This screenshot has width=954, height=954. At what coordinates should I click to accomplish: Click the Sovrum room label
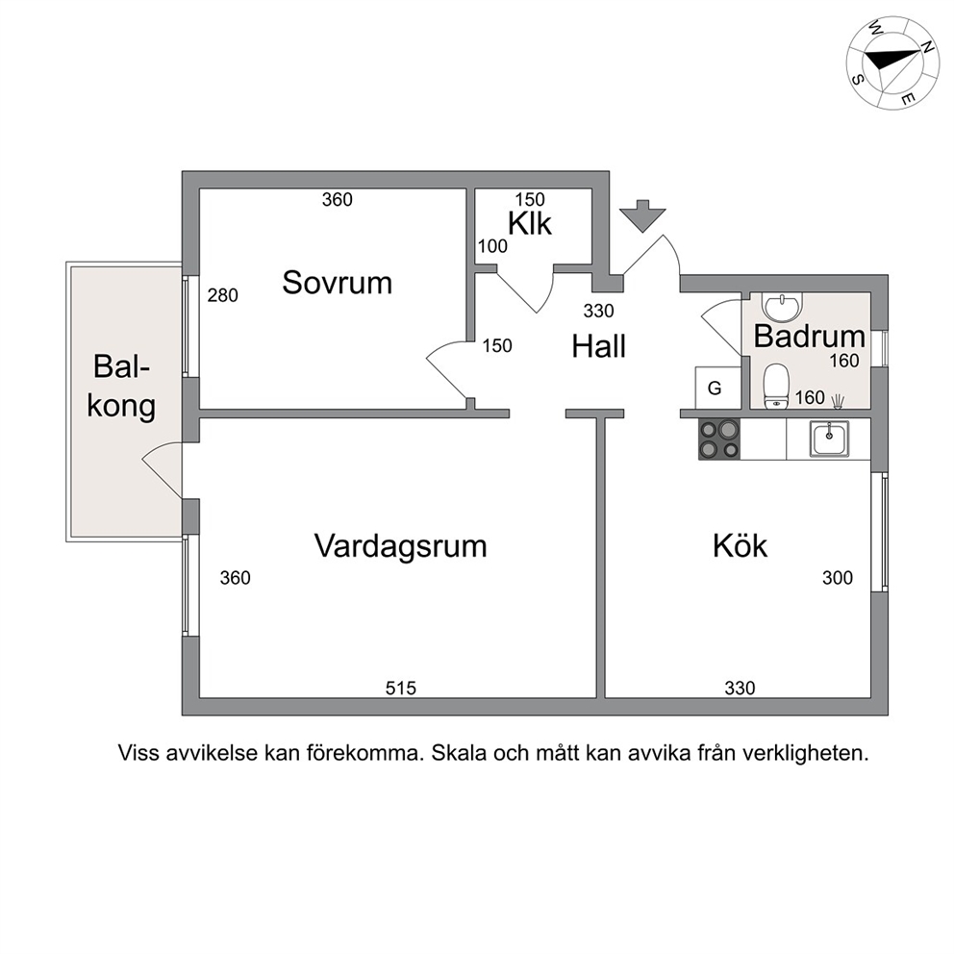[337, 283]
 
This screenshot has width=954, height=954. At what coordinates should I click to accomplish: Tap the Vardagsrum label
[400, 546]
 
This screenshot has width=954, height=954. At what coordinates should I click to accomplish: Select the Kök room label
[740, 545]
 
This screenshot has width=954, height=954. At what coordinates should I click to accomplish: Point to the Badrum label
[809, 337]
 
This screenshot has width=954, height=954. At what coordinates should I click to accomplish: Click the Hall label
[599, 346]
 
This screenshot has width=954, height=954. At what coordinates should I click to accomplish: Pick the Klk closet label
[529, 224]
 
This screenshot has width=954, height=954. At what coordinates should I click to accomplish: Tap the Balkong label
[121, 387]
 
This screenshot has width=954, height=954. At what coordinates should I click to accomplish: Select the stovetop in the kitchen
[719, 439]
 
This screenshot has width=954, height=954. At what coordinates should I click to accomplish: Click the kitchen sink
[829, 439]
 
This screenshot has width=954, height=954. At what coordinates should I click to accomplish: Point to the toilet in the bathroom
[776, 386]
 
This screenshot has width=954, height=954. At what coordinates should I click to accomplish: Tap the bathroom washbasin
[783, 306]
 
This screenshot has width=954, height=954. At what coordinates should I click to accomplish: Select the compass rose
[892, 63]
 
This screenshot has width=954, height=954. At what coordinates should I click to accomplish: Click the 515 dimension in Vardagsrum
[401, 689]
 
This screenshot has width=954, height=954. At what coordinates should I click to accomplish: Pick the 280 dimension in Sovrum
[223, 295]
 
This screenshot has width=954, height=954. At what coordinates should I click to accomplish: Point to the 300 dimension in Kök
[838, 578]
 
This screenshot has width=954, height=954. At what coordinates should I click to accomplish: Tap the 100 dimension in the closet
[492, 246]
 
